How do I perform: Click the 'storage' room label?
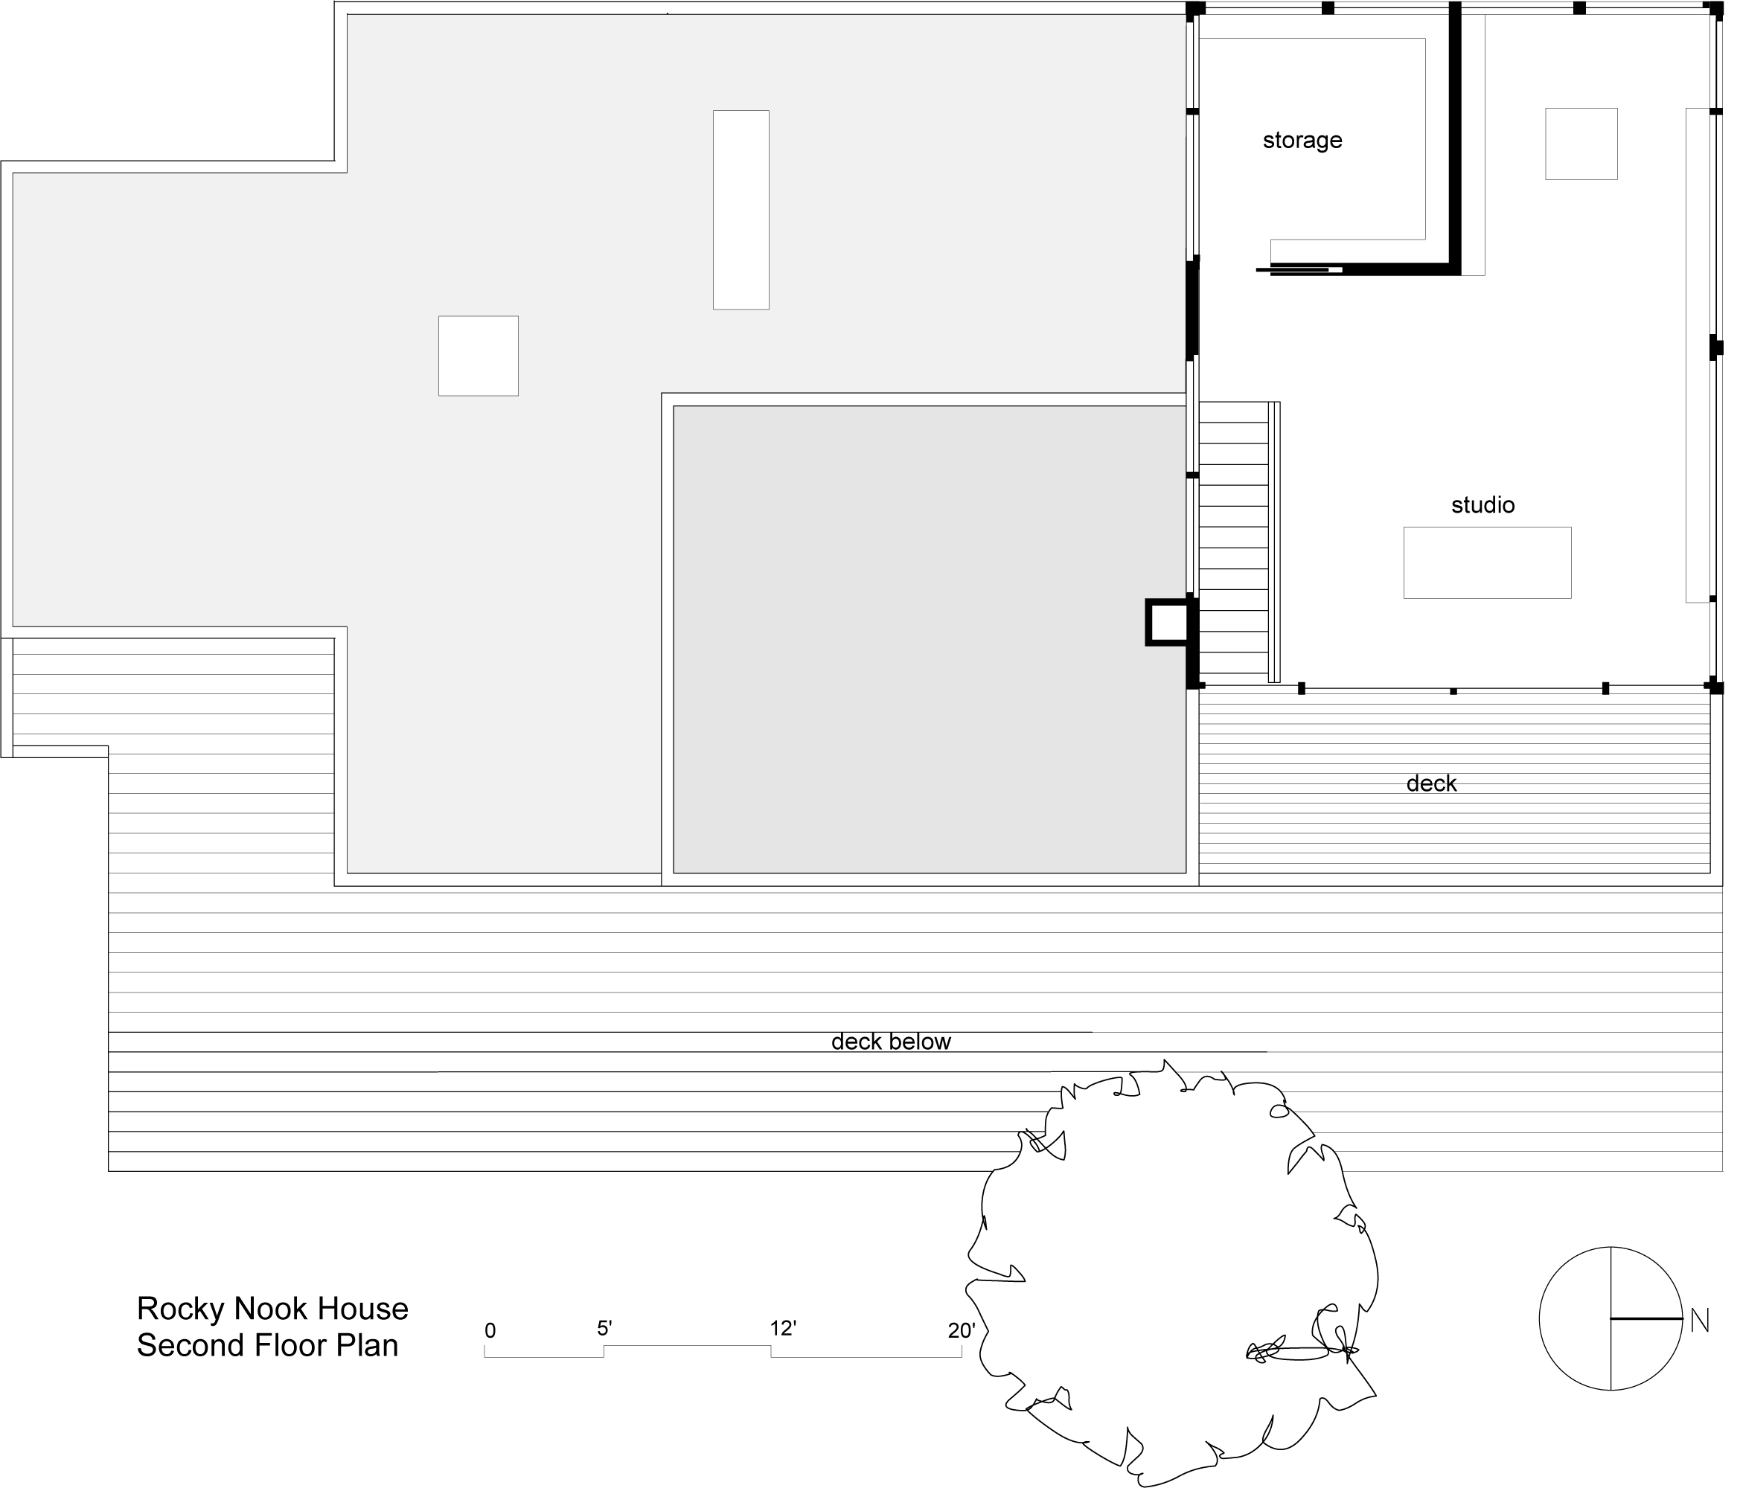[1302, 140]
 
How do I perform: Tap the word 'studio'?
[1482, 504]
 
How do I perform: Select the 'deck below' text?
[890, 1042]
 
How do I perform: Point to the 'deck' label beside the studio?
[1431, 783]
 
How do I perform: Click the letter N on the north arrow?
[1699, 1322]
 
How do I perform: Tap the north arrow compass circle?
[1539, 1319]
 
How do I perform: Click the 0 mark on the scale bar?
[490, 1331]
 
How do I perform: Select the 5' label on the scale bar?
[604, 1329]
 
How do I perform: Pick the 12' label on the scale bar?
[783, 1329]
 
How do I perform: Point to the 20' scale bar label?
[962, 1331]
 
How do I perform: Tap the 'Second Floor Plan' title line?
[267, 1346]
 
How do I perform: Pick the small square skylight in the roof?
[478, 356]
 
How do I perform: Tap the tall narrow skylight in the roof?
[741, 210]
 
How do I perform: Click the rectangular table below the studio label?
[1486, 562]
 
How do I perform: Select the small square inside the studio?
[1581, 144]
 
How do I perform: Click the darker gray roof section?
[929, 640]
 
